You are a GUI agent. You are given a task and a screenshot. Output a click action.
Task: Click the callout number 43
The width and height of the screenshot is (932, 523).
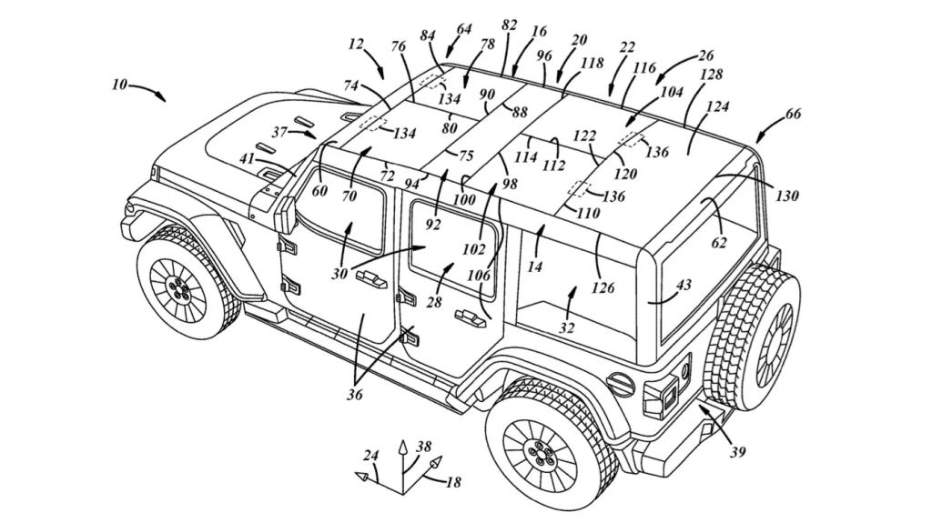click(x=683, y=286)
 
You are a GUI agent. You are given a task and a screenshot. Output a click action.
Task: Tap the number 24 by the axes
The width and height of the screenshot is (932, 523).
click(x=370, y=455)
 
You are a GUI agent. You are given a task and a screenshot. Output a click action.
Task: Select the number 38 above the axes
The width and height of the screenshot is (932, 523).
click(x=423, y=448)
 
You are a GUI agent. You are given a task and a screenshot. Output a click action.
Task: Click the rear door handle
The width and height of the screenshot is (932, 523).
click(x=467, y=317)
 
